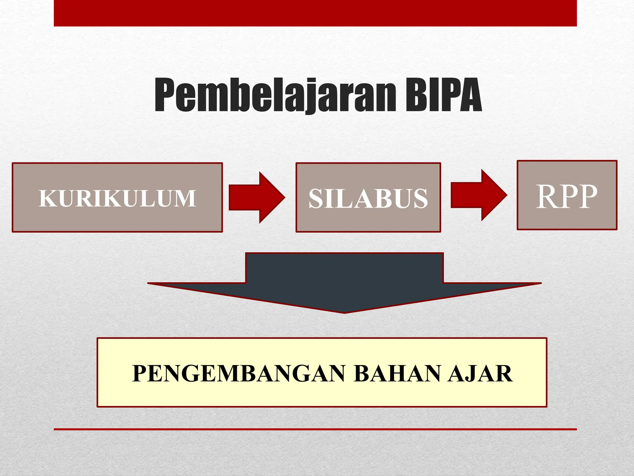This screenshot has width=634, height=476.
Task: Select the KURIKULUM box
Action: (x=117, y=197)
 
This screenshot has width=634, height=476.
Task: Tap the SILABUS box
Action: (x=368, y=197)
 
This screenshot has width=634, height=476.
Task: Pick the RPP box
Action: (x=567, y=195)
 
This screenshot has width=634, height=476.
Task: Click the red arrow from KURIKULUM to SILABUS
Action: (x=256, y=197)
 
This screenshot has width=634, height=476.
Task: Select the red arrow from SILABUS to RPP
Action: (x=478, y=195)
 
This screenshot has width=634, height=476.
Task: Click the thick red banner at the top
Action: (x=315, y=13)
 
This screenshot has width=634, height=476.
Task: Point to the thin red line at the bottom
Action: (x=315, y=429)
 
